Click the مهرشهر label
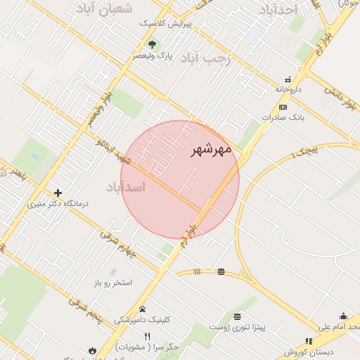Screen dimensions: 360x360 pyautogui.click(x=211, y=150)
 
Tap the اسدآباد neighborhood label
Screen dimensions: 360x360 pyautogui.click(x=126, y=187)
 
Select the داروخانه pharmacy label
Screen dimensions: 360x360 pyautogui.click(x=288, y=89)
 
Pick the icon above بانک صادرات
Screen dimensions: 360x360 pyautogui.click(x=283, y=107)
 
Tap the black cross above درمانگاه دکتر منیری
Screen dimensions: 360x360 pyautogui.click(x=58, y=193)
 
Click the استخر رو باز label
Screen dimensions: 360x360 pyautogui.click(x=113, y=283)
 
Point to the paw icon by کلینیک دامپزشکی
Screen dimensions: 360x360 pyautogui.click(x=142, y=309)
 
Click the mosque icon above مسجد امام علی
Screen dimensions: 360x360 pyautogui.click(x=343, y=316)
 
